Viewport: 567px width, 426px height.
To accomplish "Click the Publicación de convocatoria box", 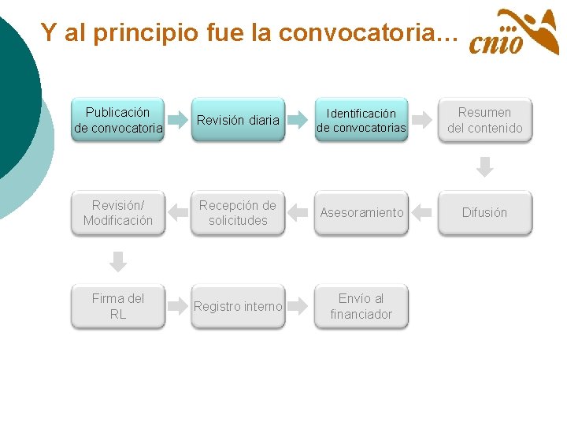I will [118, 120].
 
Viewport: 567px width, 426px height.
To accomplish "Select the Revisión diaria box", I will [238, 120].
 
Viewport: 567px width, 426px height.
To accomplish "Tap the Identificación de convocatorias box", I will [361, 120].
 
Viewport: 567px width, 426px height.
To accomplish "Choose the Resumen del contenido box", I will [484, 120].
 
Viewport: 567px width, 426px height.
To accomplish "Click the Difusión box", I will [484, 212].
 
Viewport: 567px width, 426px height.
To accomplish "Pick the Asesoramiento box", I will [361, 212].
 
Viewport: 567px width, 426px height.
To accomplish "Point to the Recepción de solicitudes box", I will [238, 212].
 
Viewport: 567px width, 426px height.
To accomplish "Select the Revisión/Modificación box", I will [118, 212].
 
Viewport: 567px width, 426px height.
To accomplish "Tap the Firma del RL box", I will [118, 306].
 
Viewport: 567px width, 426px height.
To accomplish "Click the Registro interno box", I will [238, 306].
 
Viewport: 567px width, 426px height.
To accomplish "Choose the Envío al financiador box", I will [361, 306].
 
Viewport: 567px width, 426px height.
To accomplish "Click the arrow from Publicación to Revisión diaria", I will [177, 121].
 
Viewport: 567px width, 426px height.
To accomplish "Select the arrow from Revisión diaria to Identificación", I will [299, 121].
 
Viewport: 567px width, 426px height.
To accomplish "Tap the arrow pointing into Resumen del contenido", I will [423, 121].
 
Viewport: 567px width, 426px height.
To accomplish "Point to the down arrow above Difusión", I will [485, 167].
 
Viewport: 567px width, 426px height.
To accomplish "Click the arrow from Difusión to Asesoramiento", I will [423, 212].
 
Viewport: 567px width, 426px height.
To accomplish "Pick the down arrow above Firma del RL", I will [118, 261].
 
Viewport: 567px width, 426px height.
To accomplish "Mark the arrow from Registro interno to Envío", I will [299, 306].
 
